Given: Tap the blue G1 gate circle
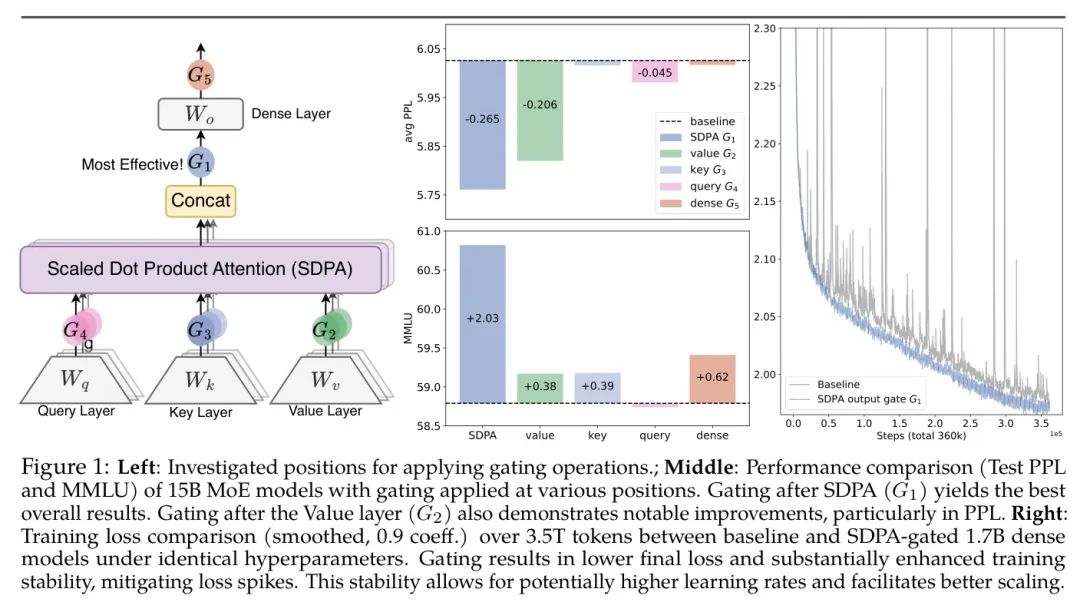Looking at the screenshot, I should pos(200,161).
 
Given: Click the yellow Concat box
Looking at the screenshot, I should pos(200,200).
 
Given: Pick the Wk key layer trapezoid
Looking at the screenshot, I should pos(201,381).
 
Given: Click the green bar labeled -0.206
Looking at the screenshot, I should pos(540,110).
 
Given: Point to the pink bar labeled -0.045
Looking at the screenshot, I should pos(655,71).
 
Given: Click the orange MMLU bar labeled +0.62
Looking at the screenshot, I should pos(712,379).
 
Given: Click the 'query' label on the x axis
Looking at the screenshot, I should pos(655,436).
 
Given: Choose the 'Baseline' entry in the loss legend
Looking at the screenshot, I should pos(838,383).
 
